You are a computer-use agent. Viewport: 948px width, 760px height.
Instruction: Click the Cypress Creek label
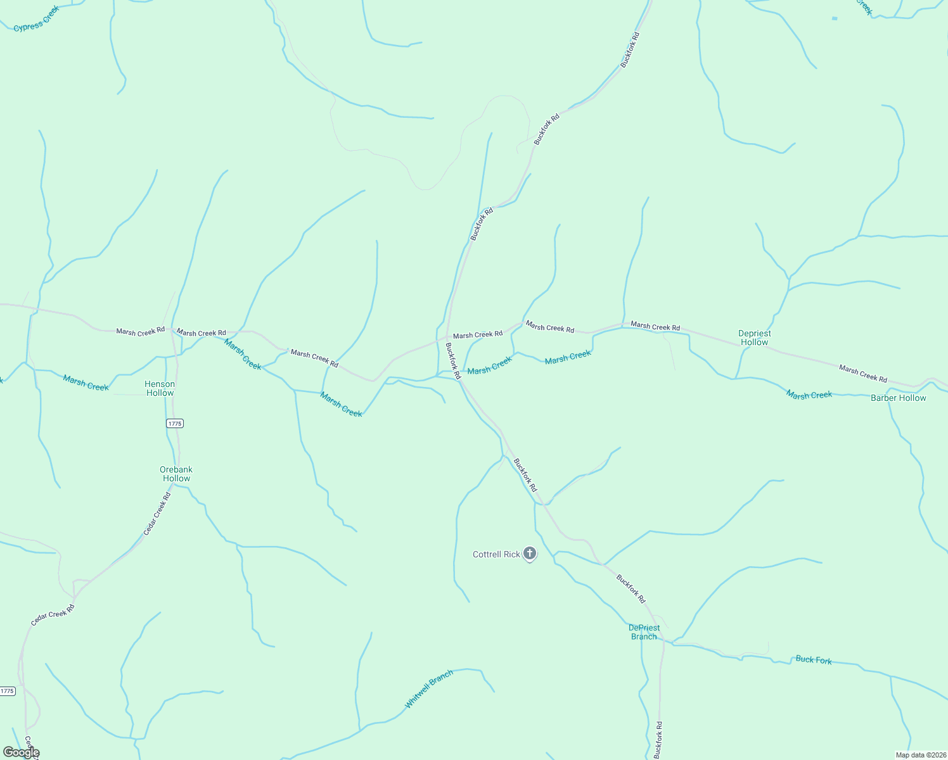coord(36,19)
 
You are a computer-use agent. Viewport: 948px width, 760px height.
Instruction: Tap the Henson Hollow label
coord(160,388)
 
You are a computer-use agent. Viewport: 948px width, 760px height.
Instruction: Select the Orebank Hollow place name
coord(176,474)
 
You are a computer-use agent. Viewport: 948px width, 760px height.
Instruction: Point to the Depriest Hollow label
coord(754,338)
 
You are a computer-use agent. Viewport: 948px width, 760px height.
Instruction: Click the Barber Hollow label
coord(898,398)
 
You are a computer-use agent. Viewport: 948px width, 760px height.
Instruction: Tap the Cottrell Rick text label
coord(496,554)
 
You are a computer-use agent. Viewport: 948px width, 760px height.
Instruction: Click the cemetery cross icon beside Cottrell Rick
coord(530,554)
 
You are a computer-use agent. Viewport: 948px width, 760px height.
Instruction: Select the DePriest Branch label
coord(644,632)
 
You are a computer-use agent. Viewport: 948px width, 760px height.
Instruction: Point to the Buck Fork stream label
coord(813,660)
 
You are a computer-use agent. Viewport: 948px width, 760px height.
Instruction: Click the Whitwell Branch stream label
coord(429,689)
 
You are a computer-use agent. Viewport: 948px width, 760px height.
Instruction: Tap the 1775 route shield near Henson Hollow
coord(175,423)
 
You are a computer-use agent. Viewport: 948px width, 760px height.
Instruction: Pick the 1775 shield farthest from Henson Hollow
coord(7,691)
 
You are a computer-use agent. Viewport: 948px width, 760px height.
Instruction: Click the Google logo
coord(21,752)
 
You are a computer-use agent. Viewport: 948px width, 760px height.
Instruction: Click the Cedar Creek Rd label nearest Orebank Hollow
coord(157,514)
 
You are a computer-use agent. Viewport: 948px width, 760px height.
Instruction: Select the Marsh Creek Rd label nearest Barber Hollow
coord(862,373)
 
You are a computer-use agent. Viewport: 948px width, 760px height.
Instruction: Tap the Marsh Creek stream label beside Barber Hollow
coord(809,395)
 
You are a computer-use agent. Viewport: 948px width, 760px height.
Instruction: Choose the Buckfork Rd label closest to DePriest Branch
coord(631,588)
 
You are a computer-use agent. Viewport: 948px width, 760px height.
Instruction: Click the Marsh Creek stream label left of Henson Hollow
coord(86,383)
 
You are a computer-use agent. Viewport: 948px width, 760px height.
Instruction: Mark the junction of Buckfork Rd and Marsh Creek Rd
coord(447,337)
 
